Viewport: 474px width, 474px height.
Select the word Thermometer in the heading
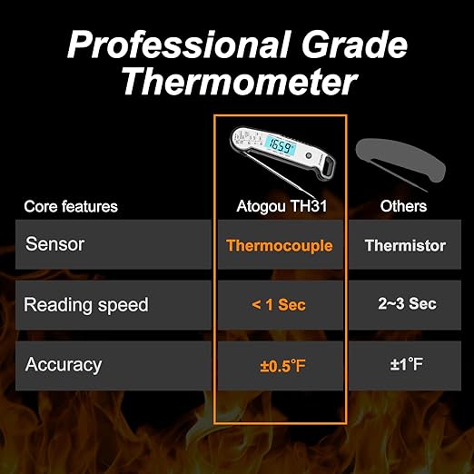click(237, 84)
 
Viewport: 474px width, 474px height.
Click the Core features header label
click(71, 206)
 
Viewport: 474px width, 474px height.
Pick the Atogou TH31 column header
click(280, 206)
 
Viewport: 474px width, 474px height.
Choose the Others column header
click(404, 206)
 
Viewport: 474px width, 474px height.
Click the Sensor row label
click(56, 244)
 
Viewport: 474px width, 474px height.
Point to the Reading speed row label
click(85, 305)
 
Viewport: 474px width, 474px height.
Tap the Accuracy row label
click(64, 365)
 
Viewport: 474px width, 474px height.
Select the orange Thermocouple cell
click(280, 245)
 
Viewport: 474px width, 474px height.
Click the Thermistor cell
click(405, 245)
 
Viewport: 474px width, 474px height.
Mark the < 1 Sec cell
click(279, 305)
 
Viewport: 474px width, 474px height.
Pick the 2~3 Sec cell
click(405, 305)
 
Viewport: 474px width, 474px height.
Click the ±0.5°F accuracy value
click(280, 366)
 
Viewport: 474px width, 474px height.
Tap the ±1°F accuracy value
click(405, 366)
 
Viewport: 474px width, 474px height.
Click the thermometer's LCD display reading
click(278, 144)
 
